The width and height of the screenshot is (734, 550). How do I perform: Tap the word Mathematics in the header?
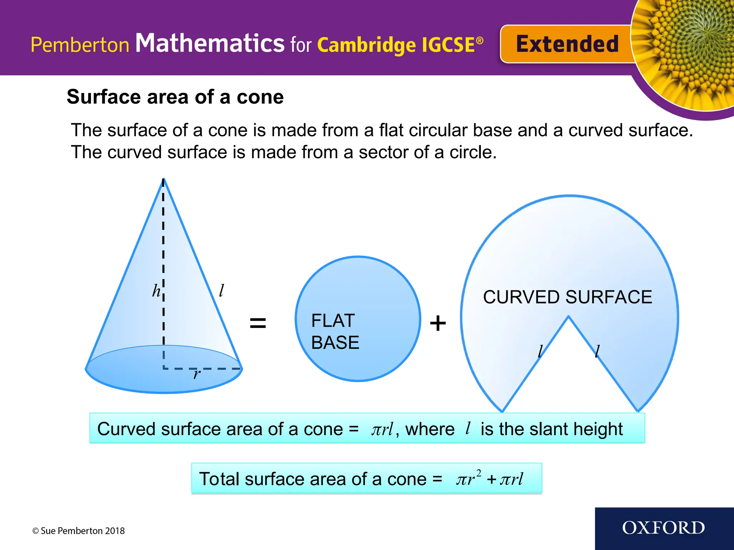(210, 43)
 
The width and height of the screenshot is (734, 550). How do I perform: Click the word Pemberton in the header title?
(80, 45)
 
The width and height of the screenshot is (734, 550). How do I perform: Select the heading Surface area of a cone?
(175, 97)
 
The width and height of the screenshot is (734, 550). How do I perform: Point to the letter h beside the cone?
(156, 290)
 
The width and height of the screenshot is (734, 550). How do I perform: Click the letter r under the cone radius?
(197, 375)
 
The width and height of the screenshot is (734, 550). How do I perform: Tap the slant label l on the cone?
(222, 290)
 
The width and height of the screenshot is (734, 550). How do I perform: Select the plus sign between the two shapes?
(438, 323)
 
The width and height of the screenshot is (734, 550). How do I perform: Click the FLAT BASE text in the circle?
(335, 331)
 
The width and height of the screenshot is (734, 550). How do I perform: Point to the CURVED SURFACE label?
(567, 297)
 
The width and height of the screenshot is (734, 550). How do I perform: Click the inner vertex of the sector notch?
(568, 317)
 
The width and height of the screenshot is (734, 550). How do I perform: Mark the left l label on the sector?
(540, 351)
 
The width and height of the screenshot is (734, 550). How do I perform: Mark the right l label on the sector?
(597, 351)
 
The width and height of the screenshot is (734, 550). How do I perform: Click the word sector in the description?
(383, 152)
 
